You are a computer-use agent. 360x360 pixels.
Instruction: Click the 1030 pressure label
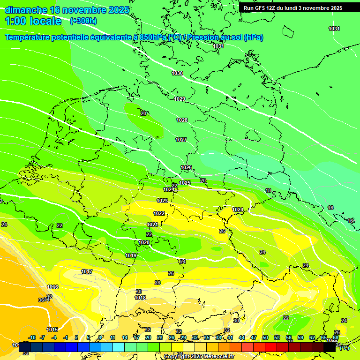tap(177, 73)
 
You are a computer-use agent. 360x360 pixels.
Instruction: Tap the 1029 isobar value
tap(180, 99)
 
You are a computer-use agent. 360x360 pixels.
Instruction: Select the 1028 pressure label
tap(182, 120)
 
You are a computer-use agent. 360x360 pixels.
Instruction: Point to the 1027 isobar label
tap(181, 140)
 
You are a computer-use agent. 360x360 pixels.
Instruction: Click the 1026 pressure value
tap(186, 167)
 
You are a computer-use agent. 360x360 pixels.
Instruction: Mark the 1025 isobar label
tap(185, 183)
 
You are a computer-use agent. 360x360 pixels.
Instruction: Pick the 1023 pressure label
tap(162, 201)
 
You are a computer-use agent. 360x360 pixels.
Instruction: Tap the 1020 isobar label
tap(144, 242)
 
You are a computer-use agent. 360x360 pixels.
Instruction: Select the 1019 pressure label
tap(131, 255)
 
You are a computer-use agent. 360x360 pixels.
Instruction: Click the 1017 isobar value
tap(87, 271)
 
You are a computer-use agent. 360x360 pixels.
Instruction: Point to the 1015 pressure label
tap(52, 330)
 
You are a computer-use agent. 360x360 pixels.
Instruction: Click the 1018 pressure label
tap(140, 298)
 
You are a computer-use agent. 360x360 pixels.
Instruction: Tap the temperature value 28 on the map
tap(157, 283)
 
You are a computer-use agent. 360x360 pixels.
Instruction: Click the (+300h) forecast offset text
tap(83, 21)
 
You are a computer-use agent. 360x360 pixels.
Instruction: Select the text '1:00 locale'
tap(33, 21)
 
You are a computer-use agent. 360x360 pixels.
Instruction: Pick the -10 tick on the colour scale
tap(32, 337)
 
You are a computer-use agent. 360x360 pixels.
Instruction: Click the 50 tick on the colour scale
tap(265, 337)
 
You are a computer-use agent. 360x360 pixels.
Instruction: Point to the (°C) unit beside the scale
tap(344, 347)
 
